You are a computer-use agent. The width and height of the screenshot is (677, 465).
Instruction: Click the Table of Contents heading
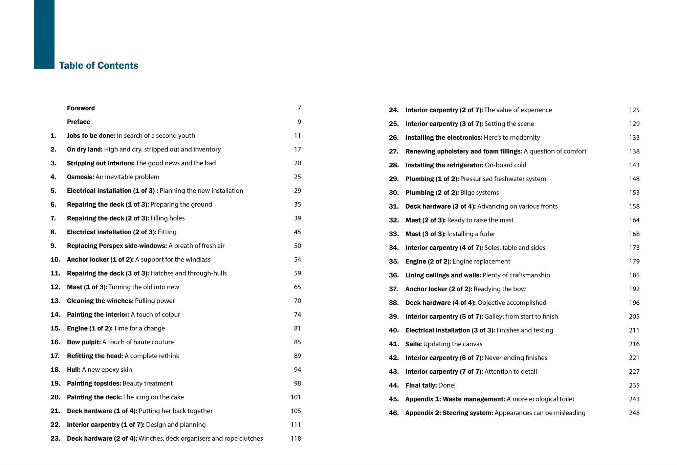click(x=99, y=66)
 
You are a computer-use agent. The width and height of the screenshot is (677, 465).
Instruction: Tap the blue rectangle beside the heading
click(x=44, y=34)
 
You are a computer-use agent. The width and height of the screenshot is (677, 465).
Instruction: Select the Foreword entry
click(x=81, y=108)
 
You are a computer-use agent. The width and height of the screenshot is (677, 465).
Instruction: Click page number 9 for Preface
click(x=299, y=122)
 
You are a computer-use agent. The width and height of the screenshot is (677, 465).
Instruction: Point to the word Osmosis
click(x=80, y=177)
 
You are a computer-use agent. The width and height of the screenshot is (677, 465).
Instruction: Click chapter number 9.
click(x=53, y=246)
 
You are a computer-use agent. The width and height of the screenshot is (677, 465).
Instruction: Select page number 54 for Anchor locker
click(x=298, y=259)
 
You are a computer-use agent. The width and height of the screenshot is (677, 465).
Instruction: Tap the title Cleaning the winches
click(x=100, y=301)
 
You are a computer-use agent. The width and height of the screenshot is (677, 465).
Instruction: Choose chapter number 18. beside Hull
click(x=55, y=370)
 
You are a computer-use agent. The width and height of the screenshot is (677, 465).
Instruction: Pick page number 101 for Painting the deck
click(x=296, y=397)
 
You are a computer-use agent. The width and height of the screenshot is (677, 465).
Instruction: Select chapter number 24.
click(x=394, y=110)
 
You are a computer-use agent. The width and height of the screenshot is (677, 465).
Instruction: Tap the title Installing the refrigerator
click(x=444, y=165)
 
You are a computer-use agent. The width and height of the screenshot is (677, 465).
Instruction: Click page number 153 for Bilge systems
click(x=634, y=192)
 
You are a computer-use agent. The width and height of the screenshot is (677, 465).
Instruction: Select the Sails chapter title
click(x=413, y=344)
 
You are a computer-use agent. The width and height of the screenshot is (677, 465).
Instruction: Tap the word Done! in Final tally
click(x=447, y=385)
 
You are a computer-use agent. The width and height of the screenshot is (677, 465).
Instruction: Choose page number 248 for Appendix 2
click(x=634, y=413)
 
